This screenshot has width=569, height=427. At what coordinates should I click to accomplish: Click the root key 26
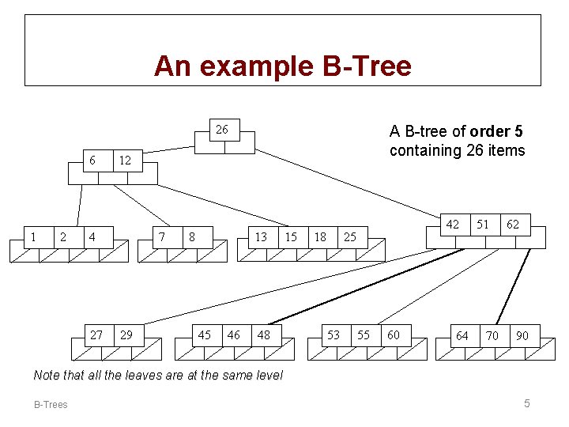click(x=222, y=130)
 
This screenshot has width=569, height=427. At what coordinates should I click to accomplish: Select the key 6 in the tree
click(x=92, y=161)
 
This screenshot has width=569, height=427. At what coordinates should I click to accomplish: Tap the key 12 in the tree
click(x=124, y=161)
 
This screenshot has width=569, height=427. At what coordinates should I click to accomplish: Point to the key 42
click(x=452, y=225)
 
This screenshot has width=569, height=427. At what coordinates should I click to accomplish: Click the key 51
click(x=482, y=225)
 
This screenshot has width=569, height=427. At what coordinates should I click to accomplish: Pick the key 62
click(x=513, y=225)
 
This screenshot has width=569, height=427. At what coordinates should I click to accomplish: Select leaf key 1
click(x=32, y=236)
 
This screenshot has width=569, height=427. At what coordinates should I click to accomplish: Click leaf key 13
click(x=260, y=236)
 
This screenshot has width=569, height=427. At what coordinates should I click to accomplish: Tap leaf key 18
click(x=320, y=236)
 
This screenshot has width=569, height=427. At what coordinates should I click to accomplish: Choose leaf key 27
click(x=96, y=335)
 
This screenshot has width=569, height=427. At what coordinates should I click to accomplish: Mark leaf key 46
click(x=234, y=335)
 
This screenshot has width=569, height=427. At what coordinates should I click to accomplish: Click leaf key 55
click(x=364, y=335)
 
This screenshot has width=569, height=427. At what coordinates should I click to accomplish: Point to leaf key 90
click(x=522, y=336)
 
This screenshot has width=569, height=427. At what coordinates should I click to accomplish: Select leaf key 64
click(x=462, y=336)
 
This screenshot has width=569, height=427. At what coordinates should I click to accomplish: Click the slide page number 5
click(x=526, y=404)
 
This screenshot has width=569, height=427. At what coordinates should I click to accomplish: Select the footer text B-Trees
click(x=51, y=405)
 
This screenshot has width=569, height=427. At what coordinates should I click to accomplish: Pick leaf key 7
click(x=162, y=236)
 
